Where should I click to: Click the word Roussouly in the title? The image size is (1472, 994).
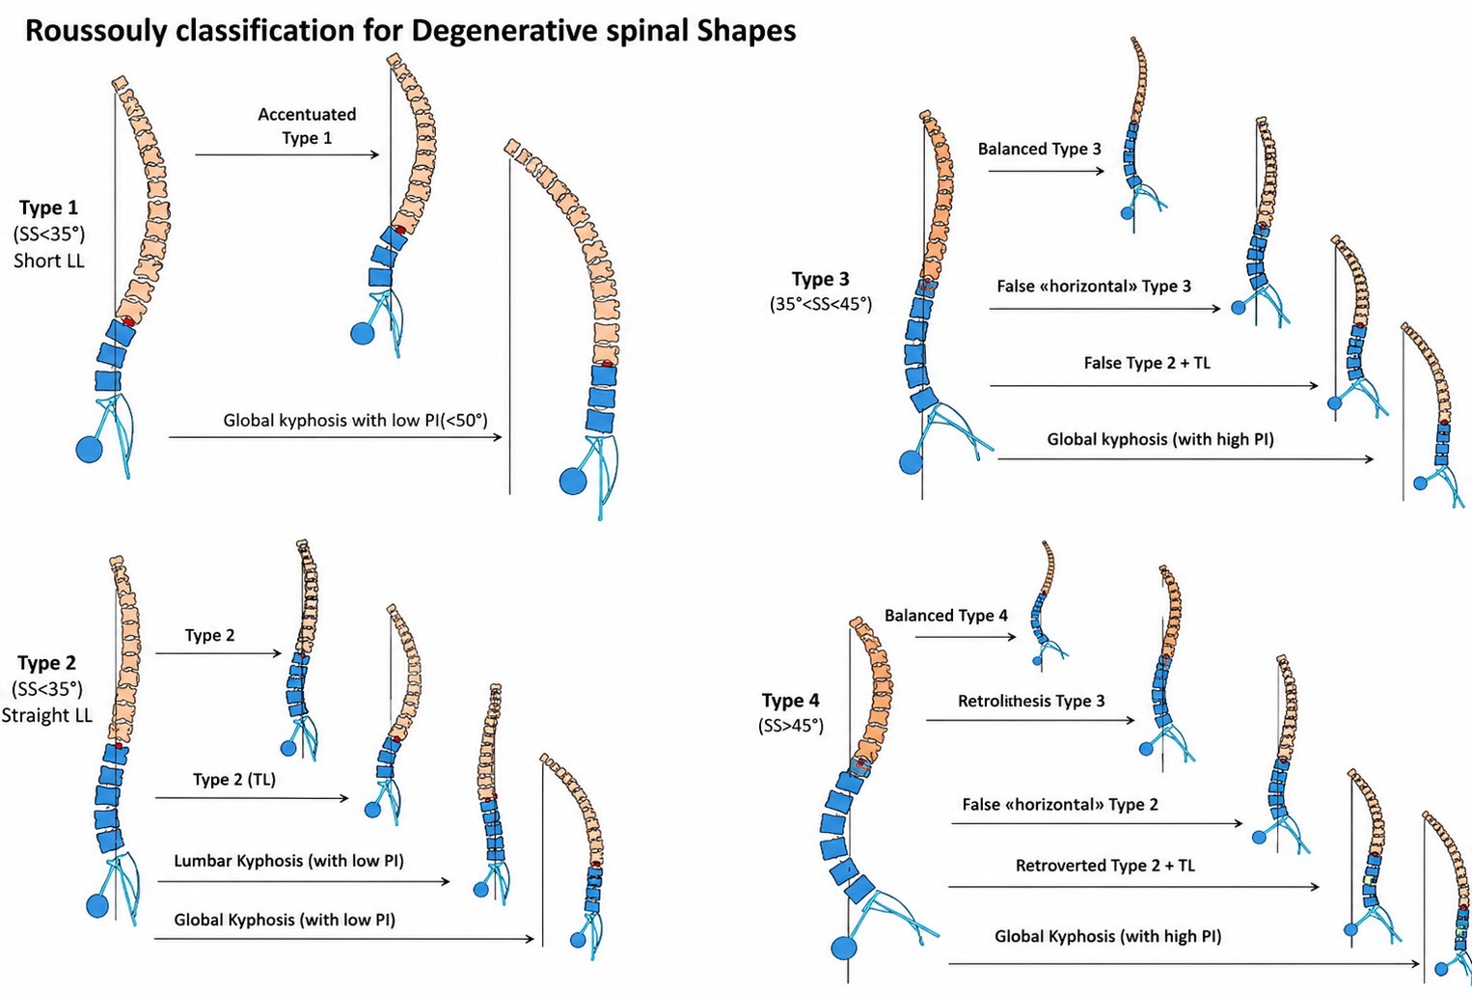tap(95, 31)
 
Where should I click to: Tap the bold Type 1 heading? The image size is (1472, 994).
tap(48, 207)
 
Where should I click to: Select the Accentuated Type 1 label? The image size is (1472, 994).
tap(307, 126)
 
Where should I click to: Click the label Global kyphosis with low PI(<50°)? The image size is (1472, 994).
tap(356, 420)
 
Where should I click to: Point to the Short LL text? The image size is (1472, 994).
tap(49, 261)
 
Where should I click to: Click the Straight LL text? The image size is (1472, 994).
tap(46, 715)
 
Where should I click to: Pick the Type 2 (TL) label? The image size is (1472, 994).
tap(234, 780)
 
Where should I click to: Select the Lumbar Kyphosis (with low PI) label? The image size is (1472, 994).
tap(288, 861)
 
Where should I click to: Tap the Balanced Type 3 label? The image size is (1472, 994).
tap(1039, 150)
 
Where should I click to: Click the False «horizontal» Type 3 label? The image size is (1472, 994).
tap(1094, 287)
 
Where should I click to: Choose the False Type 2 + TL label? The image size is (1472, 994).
tap(1147, 363)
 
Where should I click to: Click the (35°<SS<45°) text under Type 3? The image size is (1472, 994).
tap(821, 304)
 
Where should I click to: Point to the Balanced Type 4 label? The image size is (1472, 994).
tap(945, 616)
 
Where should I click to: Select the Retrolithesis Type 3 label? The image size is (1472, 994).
tap(1031, 701)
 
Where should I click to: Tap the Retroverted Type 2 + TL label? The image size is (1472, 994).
tap(1105, 866)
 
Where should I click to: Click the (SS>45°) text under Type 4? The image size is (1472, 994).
tap(791, 726)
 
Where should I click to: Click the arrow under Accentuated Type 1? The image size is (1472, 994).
tap(287, 155)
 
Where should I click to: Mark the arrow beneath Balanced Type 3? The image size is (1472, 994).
tap(1047, 172)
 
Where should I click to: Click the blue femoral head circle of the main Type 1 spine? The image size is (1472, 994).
tap(90, 450)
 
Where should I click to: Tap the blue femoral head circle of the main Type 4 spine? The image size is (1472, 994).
tap(844, 949)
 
